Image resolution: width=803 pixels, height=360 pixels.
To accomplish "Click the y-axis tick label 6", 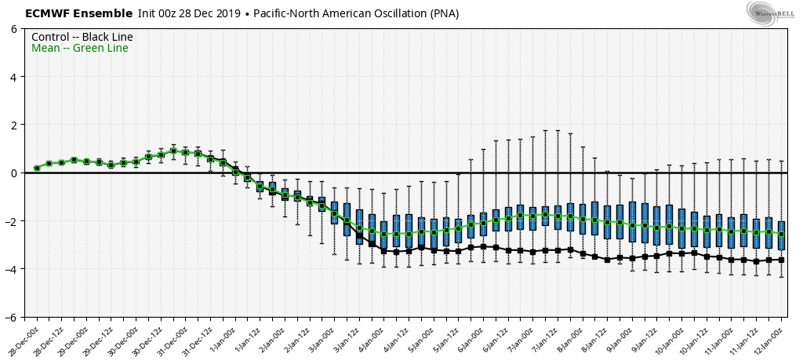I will (x=13, y=29).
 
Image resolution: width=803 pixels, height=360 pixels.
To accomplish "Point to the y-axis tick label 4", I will (x=13, y=77).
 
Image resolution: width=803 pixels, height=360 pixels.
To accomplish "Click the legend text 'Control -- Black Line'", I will (x=82, y=37).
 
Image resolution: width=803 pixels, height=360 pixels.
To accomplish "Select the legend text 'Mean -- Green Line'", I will (x=79, y=49).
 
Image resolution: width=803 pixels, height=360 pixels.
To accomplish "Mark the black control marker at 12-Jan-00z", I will (x=781, y=260).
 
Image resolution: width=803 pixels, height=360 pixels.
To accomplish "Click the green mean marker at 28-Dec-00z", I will (x=37, y=168).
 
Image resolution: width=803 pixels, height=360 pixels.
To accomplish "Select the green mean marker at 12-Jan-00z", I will (x=781, y=233).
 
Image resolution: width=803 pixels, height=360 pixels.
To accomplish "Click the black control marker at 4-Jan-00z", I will (x=384, y=251).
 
